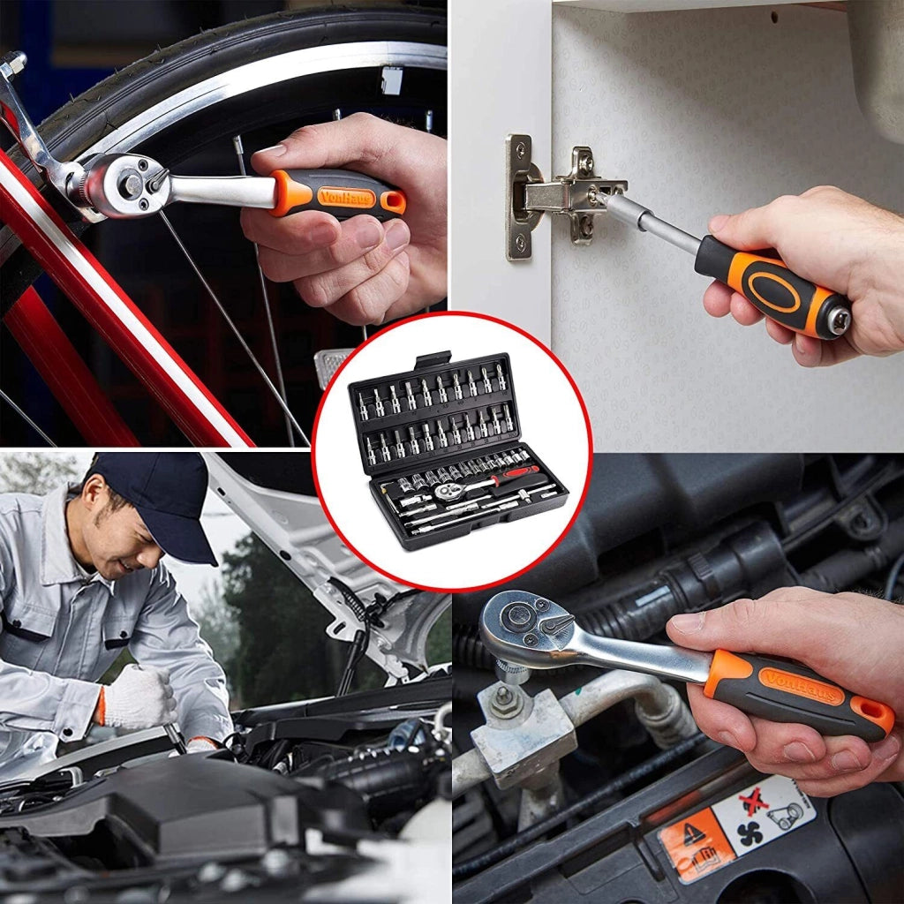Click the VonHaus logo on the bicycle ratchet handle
346,198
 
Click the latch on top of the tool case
433,360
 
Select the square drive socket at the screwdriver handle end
839,318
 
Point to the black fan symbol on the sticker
750,833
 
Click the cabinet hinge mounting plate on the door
520,198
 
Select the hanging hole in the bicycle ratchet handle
393,202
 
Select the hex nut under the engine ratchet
504,700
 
